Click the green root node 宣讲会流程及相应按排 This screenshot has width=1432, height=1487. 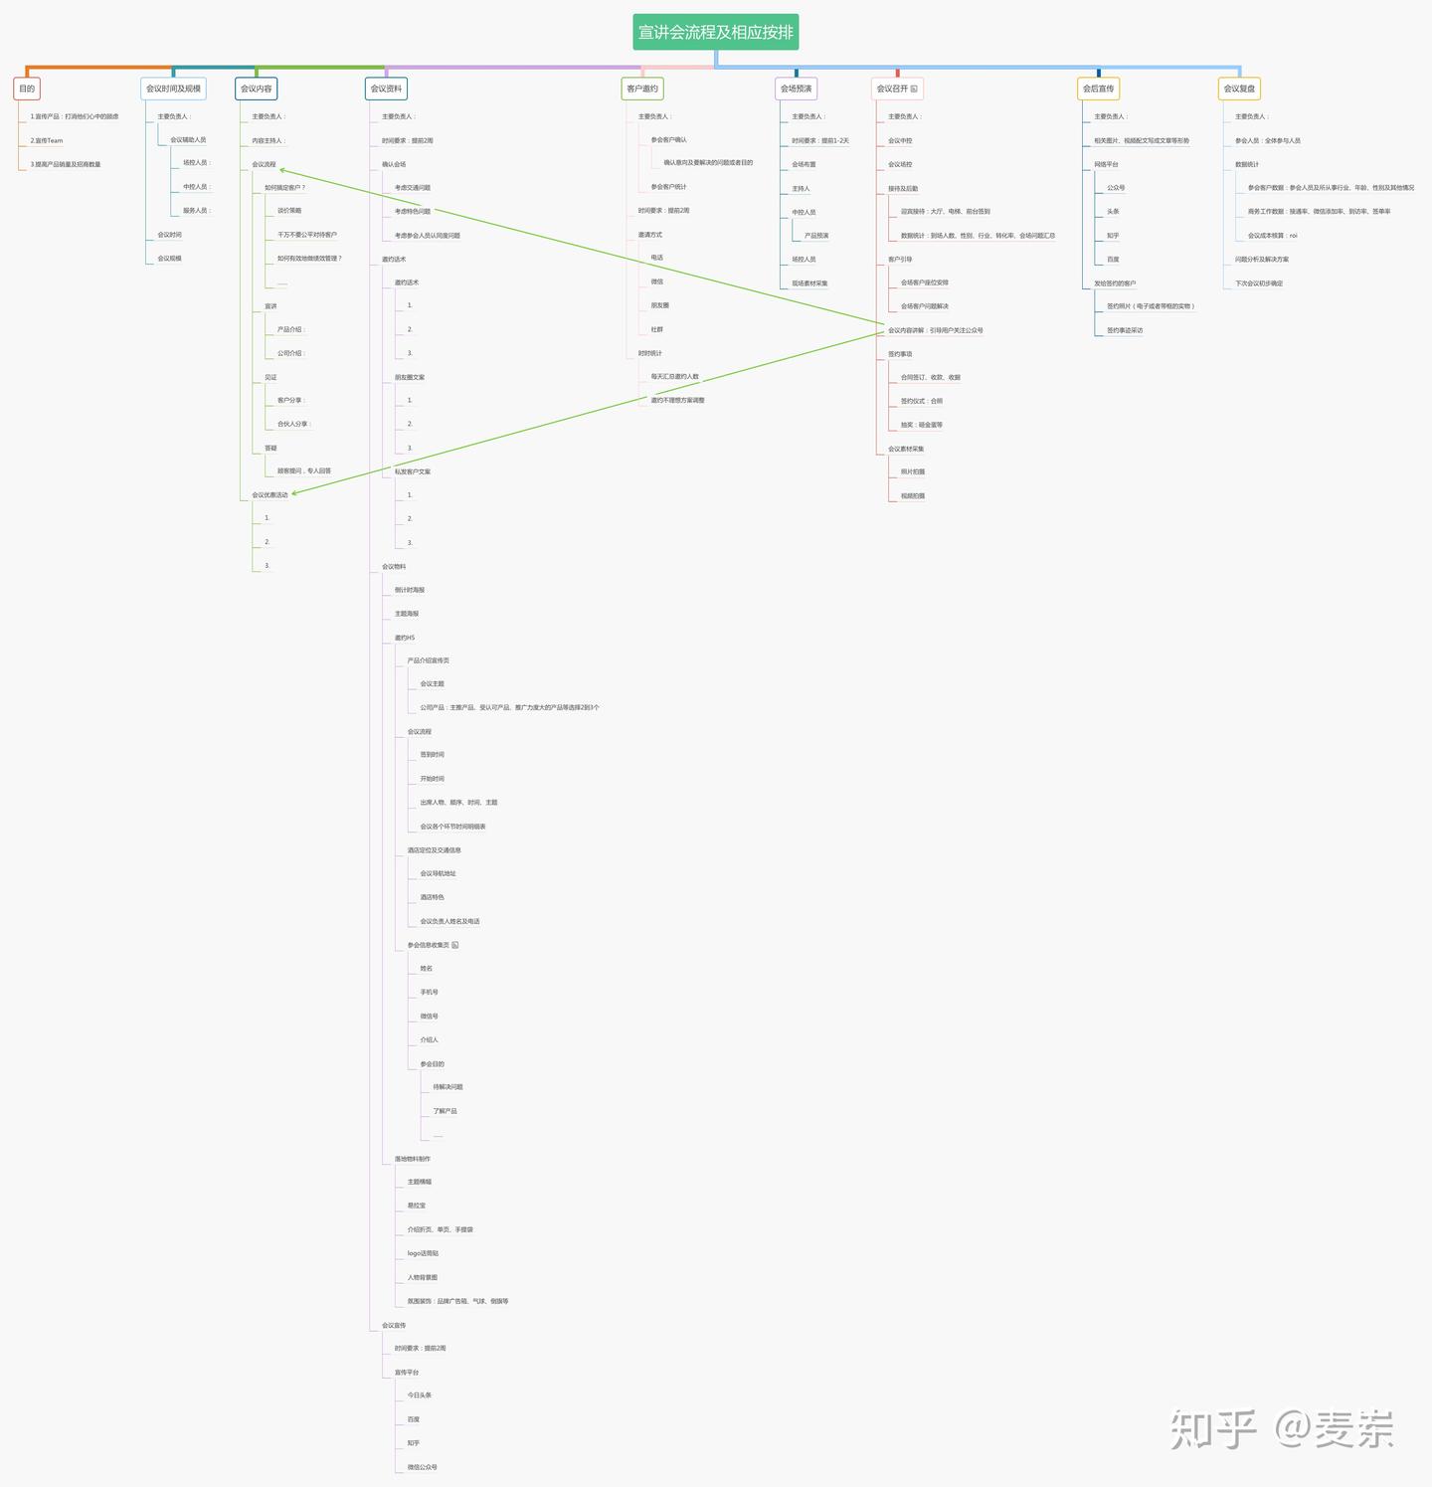716,32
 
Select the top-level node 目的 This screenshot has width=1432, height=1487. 27,89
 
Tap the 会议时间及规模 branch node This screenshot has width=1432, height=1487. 173,89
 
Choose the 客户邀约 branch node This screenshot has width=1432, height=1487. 642,89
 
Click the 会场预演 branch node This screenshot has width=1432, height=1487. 796,89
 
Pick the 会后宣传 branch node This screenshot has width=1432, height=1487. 1098,89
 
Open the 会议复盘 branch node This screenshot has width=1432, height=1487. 1239,89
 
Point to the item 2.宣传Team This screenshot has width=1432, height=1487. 47,141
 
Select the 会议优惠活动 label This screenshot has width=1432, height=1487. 269,495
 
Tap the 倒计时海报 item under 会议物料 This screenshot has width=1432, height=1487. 409,591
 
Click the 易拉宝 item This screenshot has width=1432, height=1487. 417,1206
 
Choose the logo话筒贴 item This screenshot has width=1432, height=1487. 423,1253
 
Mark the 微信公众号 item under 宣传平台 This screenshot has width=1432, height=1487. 422,1467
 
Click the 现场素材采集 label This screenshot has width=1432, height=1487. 809,283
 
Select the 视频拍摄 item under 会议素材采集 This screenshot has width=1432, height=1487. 913,496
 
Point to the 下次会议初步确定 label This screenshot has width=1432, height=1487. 1259,283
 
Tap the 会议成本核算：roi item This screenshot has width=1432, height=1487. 1273,236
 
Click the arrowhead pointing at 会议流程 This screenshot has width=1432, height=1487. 282,170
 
